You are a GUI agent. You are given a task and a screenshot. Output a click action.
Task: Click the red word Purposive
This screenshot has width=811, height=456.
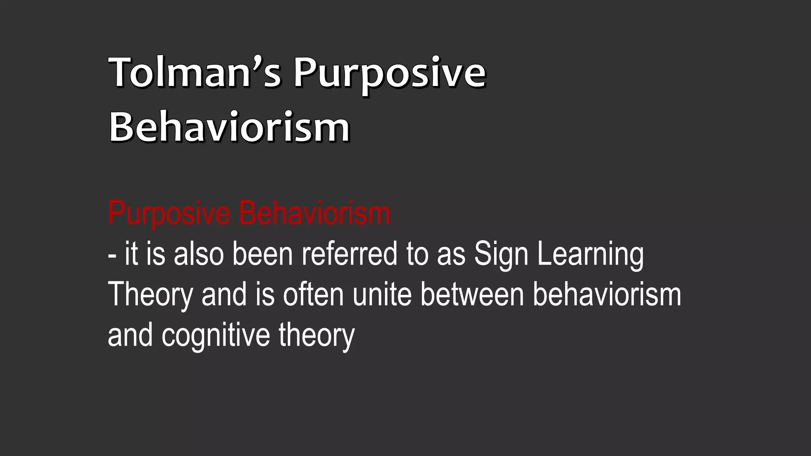tap(169, 214)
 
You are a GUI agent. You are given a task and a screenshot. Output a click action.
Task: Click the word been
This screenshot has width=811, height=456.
tap(262, 254)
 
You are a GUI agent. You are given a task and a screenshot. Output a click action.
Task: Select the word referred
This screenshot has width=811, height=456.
tap(349, 254)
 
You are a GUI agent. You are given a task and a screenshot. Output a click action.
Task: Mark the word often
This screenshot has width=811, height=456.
tap(313, 295)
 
